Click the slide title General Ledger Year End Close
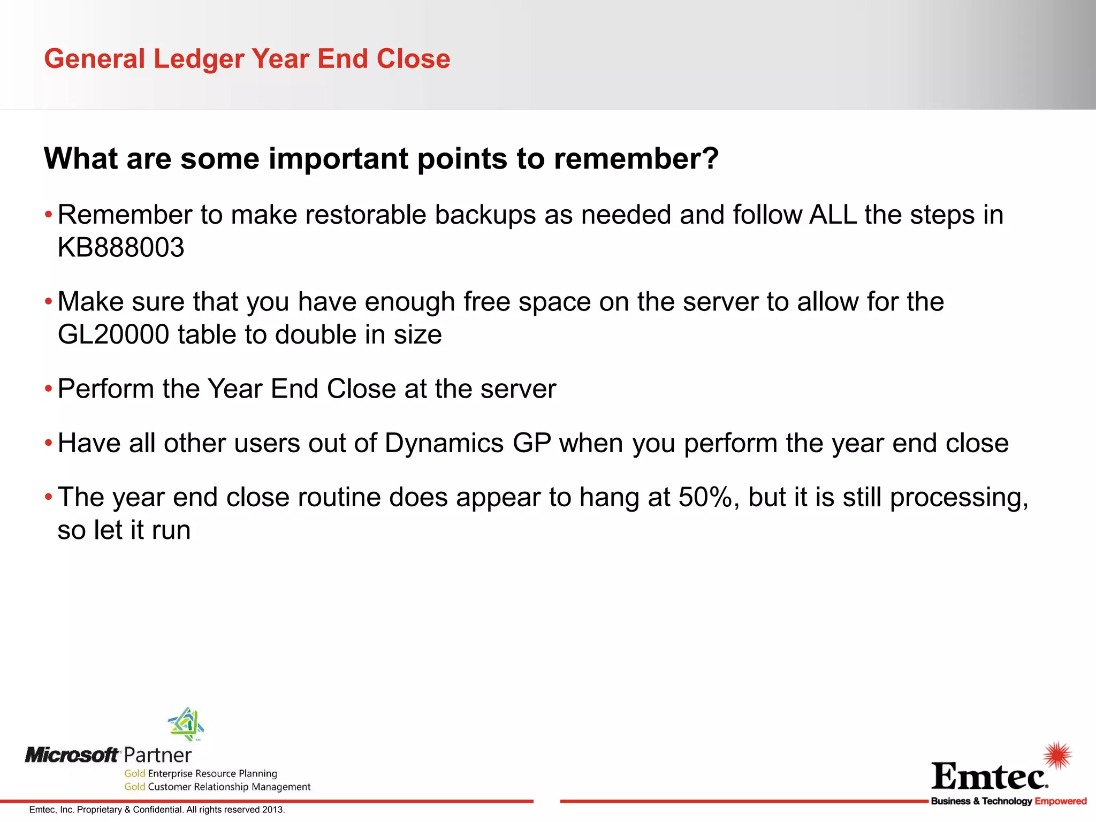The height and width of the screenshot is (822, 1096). [x=247, y=58]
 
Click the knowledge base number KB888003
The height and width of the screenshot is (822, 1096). [x=121, y=247]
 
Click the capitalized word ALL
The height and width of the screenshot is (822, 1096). [x=833, y=215]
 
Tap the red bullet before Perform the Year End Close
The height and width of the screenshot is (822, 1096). [x=48, y=388]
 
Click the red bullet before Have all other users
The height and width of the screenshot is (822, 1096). [x=48, y=443]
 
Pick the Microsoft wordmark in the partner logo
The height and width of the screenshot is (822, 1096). [x=72, y=755]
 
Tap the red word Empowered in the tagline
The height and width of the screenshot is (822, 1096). [x=1060, y=801]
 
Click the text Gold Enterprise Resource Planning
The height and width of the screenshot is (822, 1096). [x=201, y=773]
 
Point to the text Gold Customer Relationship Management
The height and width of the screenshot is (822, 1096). [x=217, y=787]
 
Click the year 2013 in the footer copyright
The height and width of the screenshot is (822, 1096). [x=273, y=810]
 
